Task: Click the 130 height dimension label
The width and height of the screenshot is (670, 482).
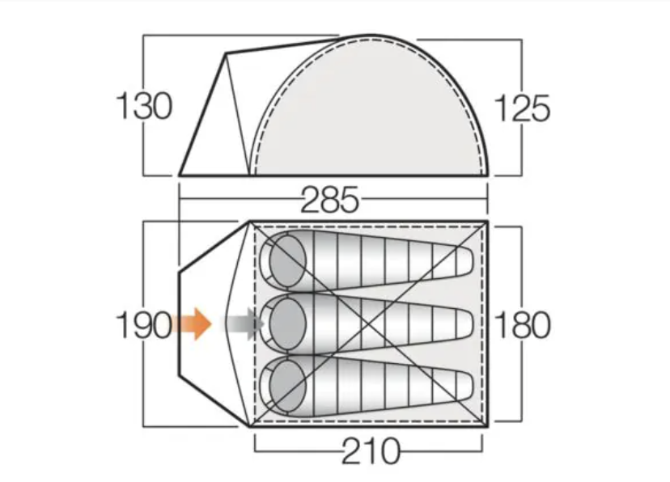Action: coord(144,106)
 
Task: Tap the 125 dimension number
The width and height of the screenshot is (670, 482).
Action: coord(522,108)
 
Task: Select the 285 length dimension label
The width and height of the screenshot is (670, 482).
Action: coord(329,200)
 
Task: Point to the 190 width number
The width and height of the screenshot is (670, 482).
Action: coord(144,325)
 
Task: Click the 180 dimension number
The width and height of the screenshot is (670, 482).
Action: coord(522,325)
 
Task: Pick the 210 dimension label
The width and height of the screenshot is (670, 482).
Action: coord(371,450)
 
